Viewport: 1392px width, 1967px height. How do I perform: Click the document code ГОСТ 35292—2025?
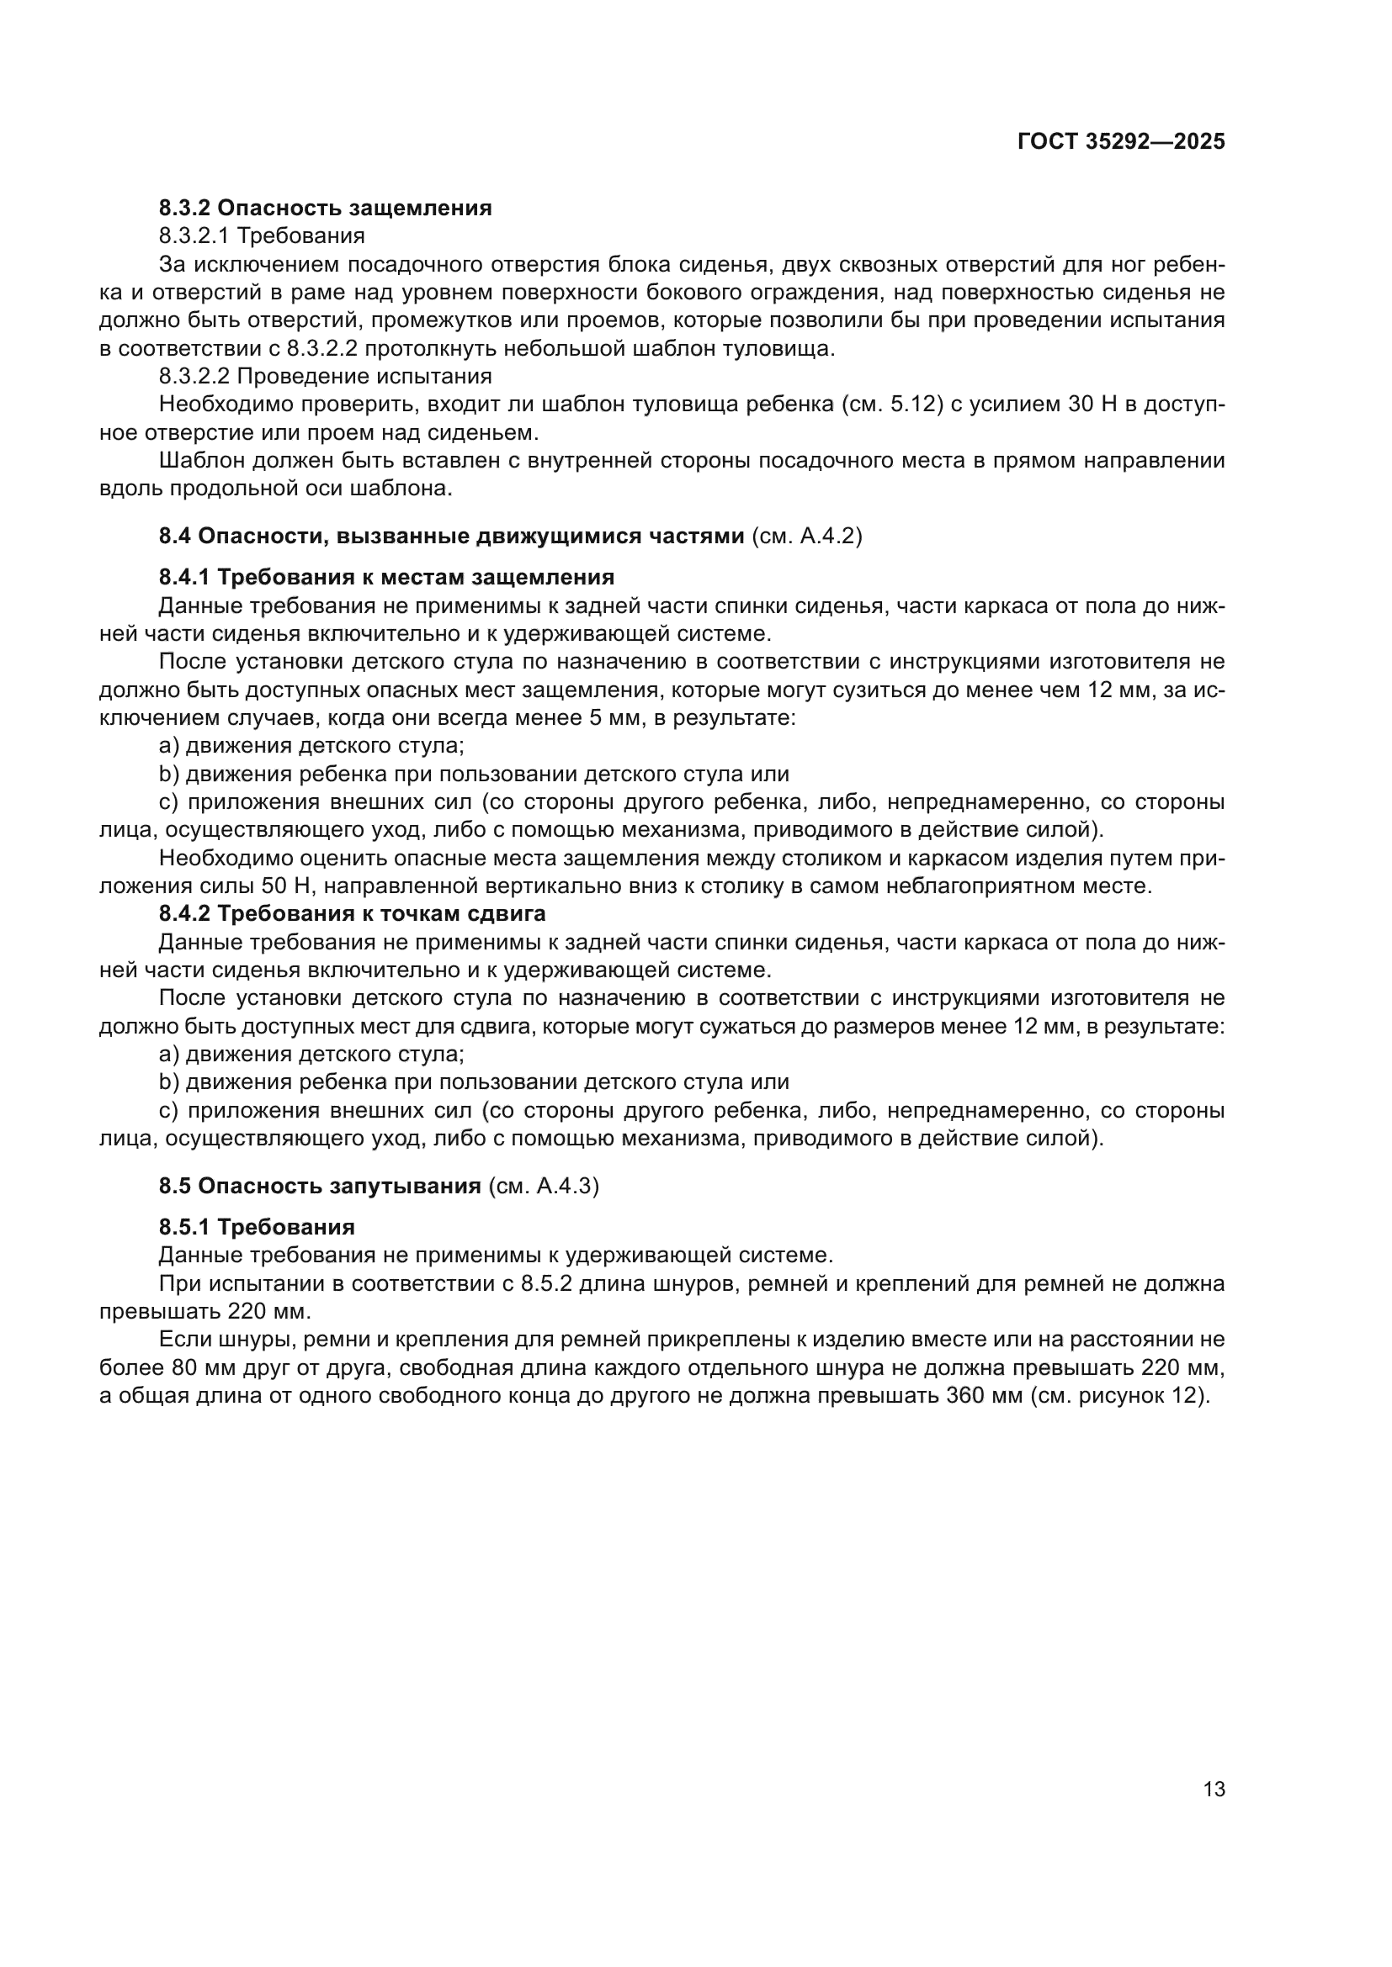tap(1120, 142)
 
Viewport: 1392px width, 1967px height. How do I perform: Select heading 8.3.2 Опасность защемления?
tap(325, 209)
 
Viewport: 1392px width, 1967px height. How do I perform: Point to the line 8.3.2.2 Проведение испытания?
tap(325, 376)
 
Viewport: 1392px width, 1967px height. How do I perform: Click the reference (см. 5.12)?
tap(890, 405)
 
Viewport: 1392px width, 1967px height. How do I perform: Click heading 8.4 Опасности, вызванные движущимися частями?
tap(451, 537)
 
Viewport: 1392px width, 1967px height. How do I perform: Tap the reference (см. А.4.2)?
tap(806, 537)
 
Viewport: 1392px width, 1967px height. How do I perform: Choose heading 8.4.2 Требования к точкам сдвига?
tap(352, 914)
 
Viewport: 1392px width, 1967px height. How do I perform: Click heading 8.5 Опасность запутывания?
tap(320, 1187)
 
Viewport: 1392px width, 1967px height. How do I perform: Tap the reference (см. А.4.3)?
tap(544, 1187)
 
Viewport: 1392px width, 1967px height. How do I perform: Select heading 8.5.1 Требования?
tap(257, 1228)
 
